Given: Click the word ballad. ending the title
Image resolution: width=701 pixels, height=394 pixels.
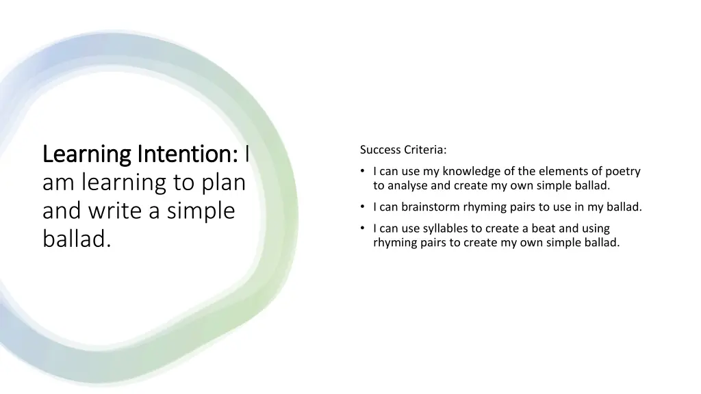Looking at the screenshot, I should pos(76,239).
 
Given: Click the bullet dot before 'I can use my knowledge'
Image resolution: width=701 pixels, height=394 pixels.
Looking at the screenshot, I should pos(363,172).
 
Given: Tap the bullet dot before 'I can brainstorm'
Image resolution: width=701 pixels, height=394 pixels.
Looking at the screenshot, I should pos(363,207).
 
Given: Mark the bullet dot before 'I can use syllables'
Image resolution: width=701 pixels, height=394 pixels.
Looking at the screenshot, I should pos(363,228).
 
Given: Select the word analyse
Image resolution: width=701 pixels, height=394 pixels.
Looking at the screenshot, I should pos(407,185).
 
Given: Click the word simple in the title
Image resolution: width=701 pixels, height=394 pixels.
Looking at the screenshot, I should pos(201,211).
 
